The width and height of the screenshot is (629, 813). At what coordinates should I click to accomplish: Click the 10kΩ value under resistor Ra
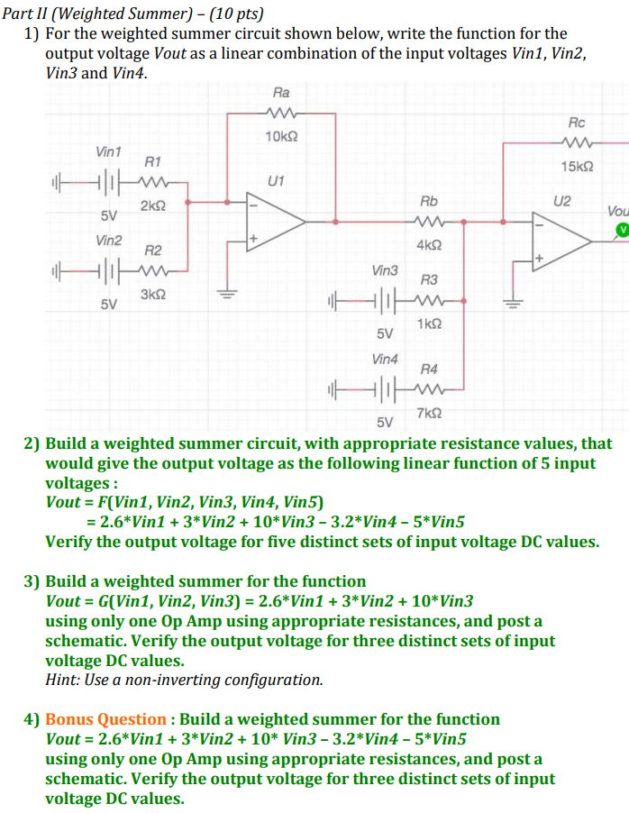click(x=281, y=137)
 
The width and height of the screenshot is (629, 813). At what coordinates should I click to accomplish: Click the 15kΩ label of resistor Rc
click(x=577, y=167)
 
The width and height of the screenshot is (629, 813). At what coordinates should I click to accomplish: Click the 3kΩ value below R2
click(x=152, y=295)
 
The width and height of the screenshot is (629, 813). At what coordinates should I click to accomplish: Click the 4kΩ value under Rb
click(x=429, y=245)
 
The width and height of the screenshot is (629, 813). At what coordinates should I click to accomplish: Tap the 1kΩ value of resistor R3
click(x=429, y=324)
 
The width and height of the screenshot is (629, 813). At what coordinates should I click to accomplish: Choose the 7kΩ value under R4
click(x=430, y=413)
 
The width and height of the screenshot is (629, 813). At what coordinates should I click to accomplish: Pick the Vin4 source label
click(x=385, y=359)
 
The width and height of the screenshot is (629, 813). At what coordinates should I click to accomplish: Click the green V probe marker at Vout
click(x=621, y=231)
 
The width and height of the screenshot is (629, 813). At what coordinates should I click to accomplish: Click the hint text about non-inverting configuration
click(x=184, y=680)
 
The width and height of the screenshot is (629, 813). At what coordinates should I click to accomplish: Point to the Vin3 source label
click(x=385, y=269)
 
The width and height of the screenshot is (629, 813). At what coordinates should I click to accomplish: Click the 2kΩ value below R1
click(x=152, y=206)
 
